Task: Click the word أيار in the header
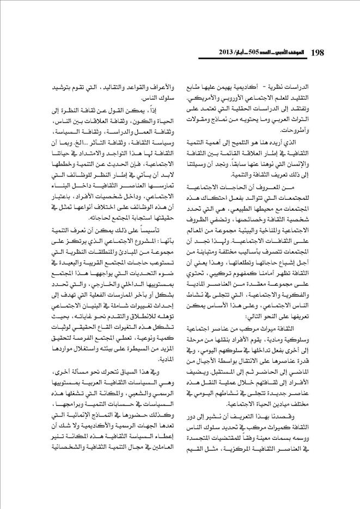(x=237, y=53)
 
